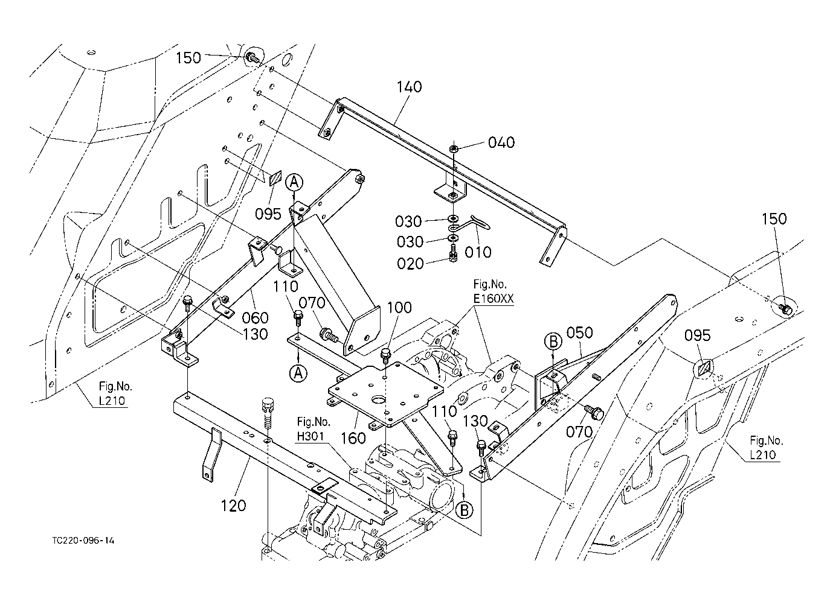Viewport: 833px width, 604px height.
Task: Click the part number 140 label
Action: pos(409,87)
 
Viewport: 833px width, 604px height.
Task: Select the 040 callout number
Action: pos(501,142)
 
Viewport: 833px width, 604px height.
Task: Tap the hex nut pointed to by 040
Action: pos(453,148)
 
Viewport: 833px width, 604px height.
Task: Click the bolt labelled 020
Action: pos(453,253)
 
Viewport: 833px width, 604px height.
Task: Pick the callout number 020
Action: pos(411,264)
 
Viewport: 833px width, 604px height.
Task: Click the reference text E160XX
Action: pos(493,298)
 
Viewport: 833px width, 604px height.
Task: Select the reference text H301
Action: pos(310,436)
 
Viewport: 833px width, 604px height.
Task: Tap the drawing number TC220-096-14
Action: pos(83,541)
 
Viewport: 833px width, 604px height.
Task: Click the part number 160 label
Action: pos(353,438)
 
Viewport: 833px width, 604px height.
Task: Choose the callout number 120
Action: pos(233,506)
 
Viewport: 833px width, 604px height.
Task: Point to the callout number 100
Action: pos(399,308)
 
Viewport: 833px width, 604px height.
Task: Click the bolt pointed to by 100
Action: pos(385,356)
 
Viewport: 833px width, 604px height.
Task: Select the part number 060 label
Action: pos(255,317)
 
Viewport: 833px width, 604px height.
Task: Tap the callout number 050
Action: pos(579,332)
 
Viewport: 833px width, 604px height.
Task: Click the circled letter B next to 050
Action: pos(553,342)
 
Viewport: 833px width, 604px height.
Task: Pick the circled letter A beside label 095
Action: pos(294,182)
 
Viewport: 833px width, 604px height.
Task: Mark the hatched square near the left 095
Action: pos(275,178)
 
